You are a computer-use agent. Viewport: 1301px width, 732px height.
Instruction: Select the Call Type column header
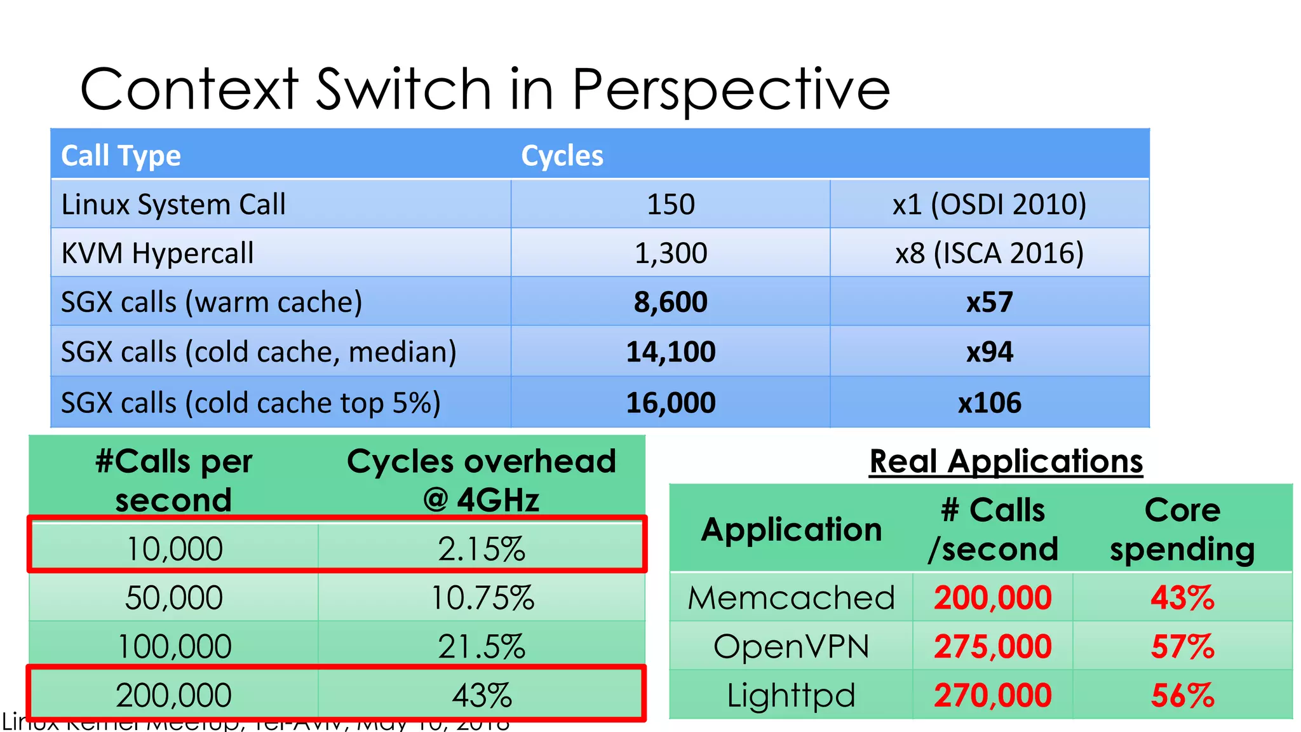[121, 156]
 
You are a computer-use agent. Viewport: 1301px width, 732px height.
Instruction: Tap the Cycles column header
[562, 156]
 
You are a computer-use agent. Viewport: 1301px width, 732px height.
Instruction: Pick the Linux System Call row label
[173, 205]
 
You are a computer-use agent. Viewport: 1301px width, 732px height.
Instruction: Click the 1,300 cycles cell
[671, 253]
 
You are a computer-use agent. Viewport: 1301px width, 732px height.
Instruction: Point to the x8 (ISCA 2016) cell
[989, 253]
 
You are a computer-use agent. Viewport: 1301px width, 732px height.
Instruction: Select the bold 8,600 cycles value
[671, 302]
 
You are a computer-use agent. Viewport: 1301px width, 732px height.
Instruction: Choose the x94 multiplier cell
[989, 351]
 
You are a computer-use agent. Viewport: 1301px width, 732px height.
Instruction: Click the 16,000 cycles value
[671, 403]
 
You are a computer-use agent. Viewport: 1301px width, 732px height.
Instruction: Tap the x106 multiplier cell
[989, 403]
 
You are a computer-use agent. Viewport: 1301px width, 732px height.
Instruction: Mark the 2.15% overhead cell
[482, 549]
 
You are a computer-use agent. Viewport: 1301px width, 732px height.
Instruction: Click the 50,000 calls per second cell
[174, 598]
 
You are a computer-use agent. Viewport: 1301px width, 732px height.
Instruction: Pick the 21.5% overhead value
[482, 647]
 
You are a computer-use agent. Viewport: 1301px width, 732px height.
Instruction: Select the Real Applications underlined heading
[1006, 461]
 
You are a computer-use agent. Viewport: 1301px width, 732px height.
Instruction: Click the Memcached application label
[792, 598]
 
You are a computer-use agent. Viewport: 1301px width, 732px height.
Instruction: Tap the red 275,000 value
[993, 647]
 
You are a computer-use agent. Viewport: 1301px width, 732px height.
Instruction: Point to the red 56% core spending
[1183, 696]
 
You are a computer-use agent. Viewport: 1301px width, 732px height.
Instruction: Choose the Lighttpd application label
[792, 696]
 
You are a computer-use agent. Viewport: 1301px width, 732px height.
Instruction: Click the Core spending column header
[1183, 529]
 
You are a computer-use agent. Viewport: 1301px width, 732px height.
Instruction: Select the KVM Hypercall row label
[158, 253]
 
